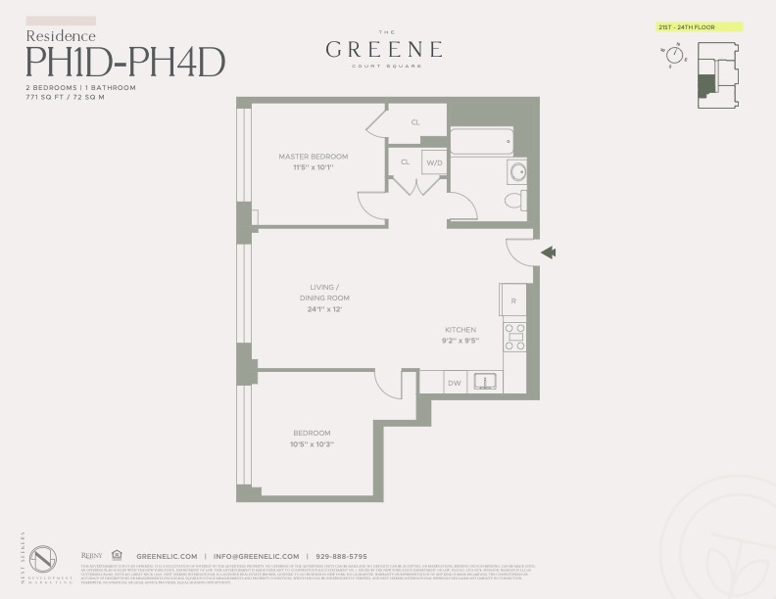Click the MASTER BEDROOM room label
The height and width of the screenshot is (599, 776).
(x=313, y=157)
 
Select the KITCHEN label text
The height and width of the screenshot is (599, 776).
(x=461, y=330)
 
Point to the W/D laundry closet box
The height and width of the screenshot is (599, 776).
(x=434, y=162)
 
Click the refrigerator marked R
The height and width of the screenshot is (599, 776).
(x=513, y=300)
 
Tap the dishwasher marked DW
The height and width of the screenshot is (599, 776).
(x=455, y=383)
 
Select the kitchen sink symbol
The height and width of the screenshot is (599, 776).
(x=484, y=382)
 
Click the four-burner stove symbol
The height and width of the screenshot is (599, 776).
(x=514, y=336)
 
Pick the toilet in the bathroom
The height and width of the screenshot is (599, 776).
(x=513, y=201)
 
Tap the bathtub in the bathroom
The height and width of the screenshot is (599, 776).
(x=481, y=142)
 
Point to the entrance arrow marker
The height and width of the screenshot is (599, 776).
(x=549, y=253)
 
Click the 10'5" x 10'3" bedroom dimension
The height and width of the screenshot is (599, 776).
(x=313, y=444)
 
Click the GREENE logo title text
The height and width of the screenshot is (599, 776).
(x=383, y=49)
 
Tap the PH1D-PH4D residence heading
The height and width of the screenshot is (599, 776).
(x=125, y=62)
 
